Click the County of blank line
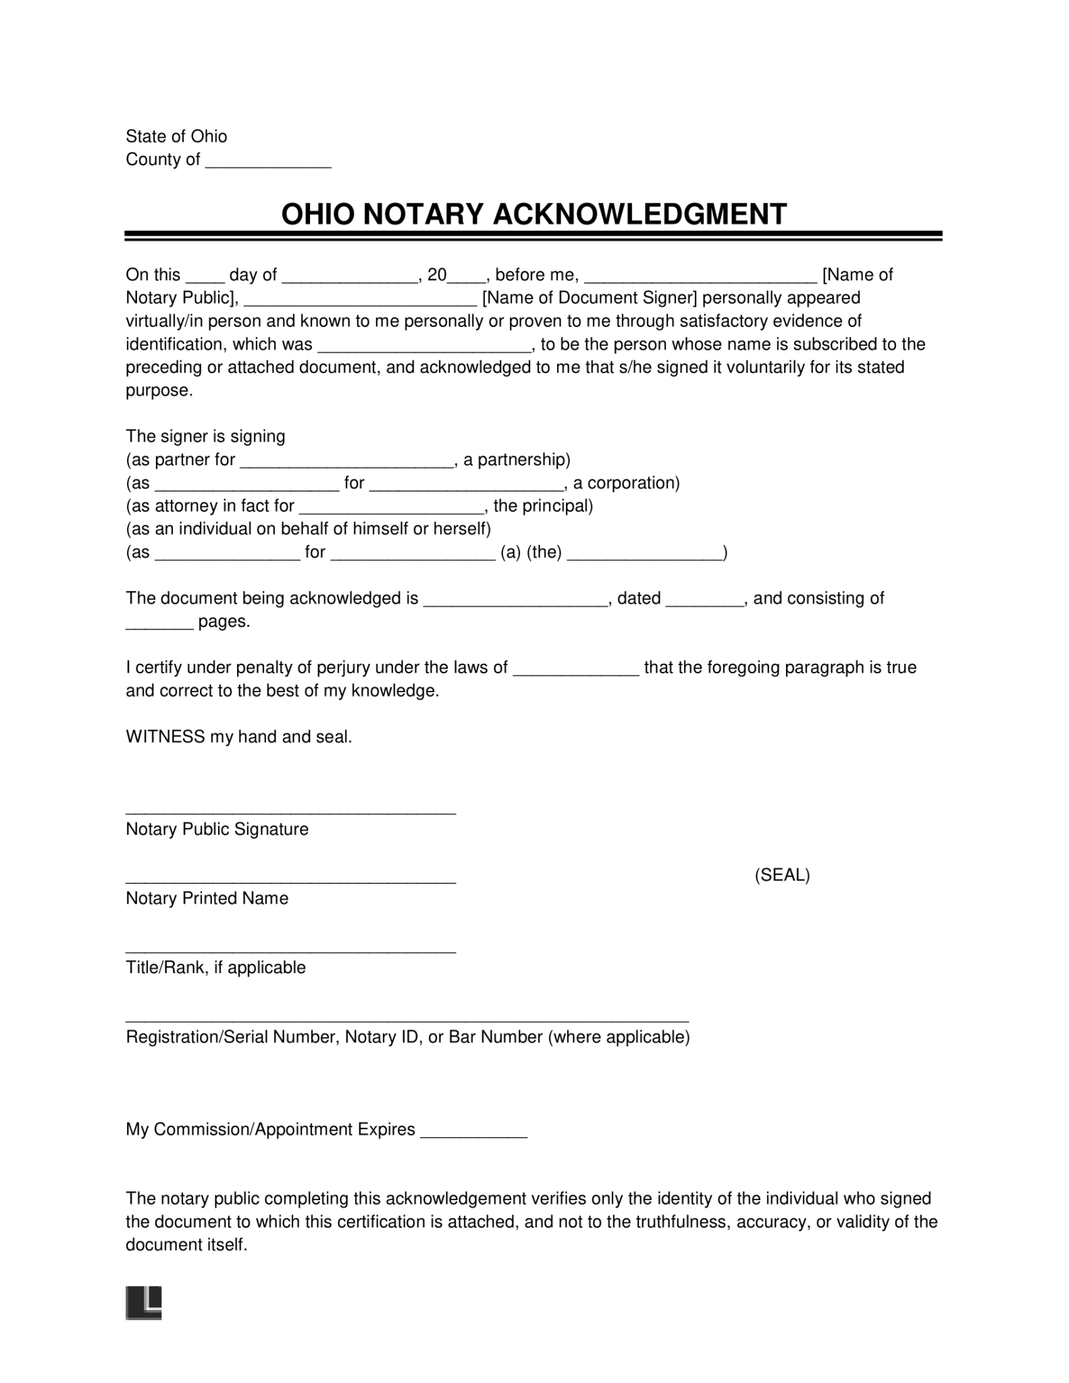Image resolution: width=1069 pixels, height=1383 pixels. [267, 162]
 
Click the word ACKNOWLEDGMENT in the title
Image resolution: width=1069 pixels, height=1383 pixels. [640, 215]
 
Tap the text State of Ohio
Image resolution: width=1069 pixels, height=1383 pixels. [176, 136]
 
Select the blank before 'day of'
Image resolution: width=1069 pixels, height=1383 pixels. [204, 277]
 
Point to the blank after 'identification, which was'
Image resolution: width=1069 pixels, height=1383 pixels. [425, 347]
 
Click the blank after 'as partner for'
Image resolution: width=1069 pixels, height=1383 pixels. [346, 463]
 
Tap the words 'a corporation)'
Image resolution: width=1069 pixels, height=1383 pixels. [625, 483]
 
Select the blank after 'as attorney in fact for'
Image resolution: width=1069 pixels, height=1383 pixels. [392, 508]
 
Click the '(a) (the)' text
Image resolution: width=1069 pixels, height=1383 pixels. [531, 552]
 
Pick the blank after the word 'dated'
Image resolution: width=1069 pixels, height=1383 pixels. [704, 601]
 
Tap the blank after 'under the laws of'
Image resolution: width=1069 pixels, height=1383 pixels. [576, 671]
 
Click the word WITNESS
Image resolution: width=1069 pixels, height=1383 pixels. [165, 737]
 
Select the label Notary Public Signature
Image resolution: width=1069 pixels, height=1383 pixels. [217, 829]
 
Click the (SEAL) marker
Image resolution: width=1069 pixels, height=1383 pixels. [781, 875]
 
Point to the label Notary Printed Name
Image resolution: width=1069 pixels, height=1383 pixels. [207, 898]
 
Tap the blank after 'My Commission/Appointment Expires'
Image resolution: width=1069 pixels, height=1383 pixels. [473, 1132]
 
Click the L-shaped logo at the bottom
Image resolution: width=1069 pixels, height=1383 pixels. [144, 1303]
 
